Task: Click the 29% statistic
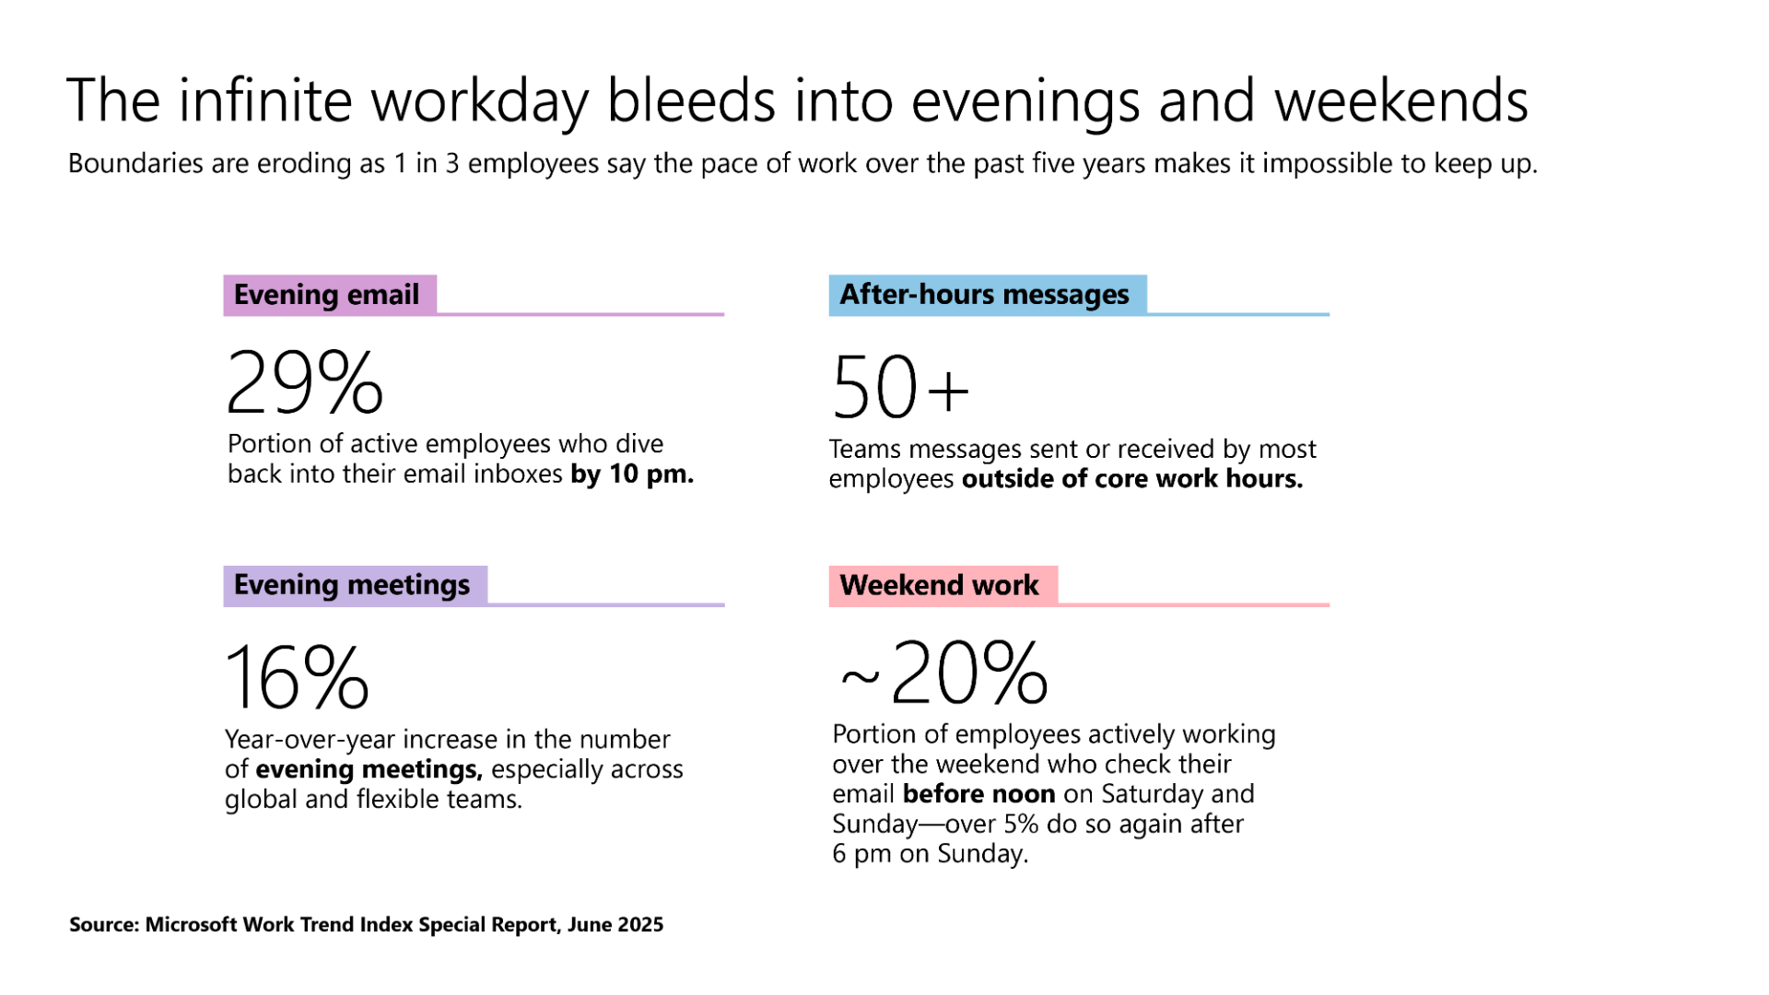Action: tap(304, 381)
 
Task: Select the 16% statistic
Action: tap(297, 678)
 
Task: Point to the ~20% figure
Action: tap(943, 673)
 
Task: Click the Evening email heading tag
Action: tap(329, 295)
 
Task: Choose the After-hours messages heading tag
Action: tap(986, 295)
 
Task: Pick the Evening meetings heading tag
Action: tap(354, 585)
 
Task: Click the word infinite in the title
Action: tap(265, 100)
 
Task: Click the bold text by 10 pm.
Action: tap(632, 474)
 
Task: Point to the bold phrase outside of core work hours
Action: tap(1132, 479)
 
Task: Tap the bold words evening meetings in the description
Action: tap(369, 769)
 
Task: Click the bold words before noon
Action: tap(978, 794)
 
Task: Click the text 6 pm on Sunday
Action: tap(930, 854)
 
